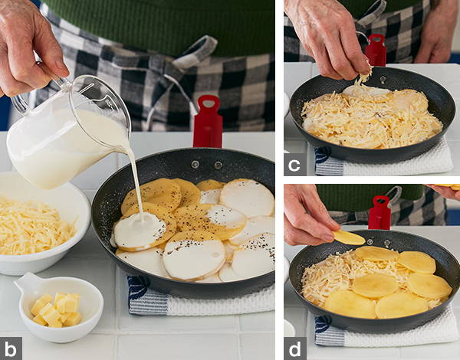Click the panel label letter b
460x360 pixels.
[x=11, y=349]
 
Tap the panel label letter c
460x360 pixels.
[x=294, y=165]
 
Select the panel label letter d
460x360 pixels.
[x=295, y=349]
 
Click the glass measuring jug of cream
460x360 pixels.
[x=67, y=132]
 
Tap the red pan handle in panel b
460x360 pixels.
[x=208, y=122]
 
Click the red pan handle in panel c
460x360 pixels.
[x=376, y=50]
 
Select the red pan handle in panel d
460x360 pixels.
[x=380, y=212]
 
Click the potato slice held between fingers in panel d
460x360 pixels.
[x=349, y=237]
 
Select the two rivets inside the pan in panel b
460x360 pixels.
[x=206, y=165]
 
